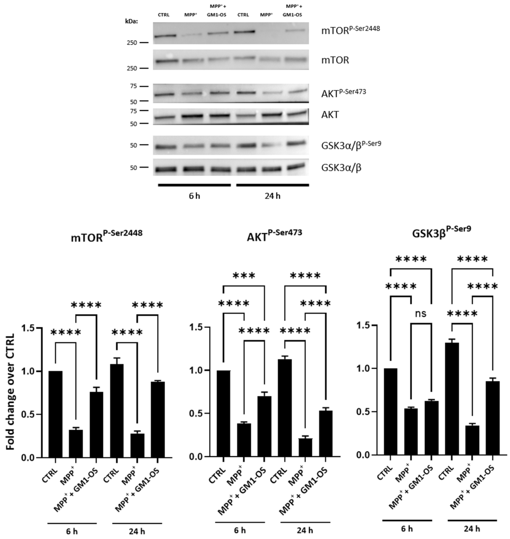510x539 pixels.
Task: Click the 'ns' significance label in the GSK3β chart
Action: click(x=421, y=314)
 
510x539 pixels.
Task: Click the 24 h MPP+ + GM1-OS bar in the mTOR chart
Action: click(x=158, y=419)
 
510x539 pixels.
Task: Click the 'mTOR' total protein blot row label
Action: click(x=335, y=60)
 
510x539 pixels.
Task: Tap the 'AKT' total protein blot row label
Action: click(x=330, y=115)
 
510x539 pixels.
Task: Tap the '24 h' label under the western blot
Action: click(x=272, y=196)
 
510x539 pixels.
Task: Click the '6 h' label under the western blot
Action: click(x=194, y=196)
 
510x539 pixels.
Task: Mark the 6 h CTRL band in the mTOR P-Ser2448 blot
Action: click(x=165, y=36)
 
